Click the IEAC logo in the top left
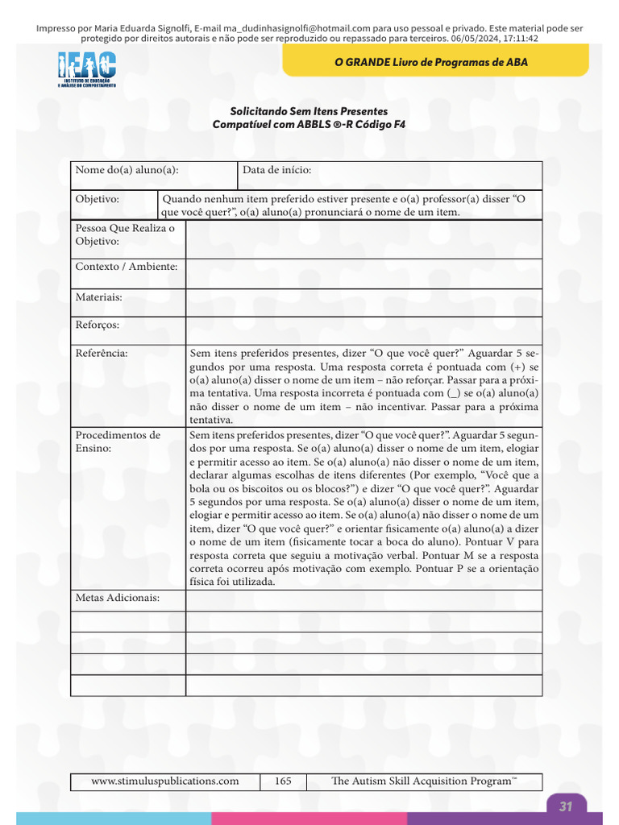click(87, 69)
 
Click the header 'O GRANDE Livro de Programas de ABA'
click(430, 62)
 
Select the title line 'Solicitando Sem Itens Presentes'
click(309, 111)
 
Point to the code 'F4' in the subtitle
click(399, 125)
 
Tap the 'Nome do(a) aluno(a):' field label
click(127, 170)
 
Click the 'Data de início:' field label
click(276, 170)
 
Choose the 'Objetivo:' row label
click(98, 199)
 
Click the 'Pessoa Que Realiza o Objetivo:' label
click(125, 234)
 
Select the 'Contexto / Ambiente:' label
click(127, 267)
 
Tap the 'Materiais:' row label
click(98, 297)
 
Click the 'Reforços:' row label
click(98, 325)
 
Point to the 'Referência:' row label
click(102, 352)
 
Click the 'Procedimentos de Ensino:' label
click(118, 442)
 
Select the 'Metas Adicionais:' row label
click(118, 598)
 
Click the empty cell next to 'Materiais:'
click(364, 301)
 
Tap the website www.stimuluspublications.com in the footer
click(164, 781)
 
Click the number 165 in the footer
click(283, 781)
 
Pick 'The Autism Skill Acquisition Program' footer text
click(423, 781)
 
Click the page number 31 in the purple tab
click(566, 806)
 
